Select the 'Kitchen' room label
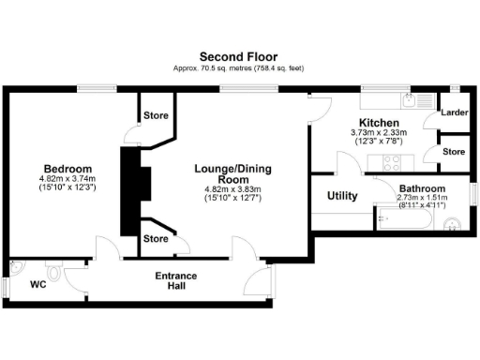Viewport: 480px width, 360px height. (x=380, y=123)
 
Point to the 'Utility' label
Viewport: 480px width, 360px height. (x=341, y=196)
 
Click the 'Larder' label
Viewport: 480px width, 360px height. (x=454, y=112)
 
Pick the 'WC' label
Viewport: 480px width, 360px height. (x=37, y=283)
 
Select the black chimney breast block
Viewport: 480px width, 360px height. (x=128, y=191)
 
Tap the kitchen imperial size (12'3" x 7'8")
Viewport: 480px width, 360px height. (x=380, y=142)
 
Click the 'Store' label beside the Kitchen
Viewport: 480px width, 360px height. (x=454, y=150)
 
